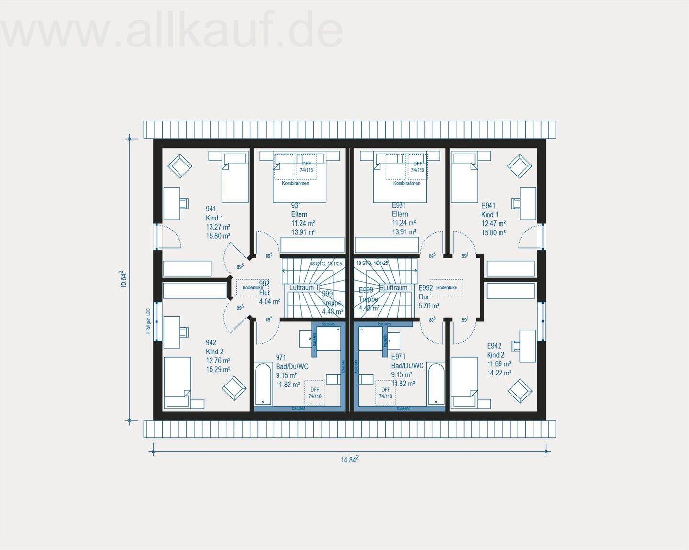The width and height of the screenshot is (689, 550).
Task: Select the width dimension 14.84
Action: click(x=350, y=460)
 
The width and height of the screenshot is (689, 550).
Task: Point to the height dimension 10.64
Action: click(x=123, y=279)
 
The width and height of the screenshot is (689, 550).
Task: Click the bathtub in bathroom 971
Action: click(x=263, y=385)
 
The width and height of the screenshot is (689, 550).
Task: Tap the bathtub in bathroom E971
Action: click(x=436, y=385)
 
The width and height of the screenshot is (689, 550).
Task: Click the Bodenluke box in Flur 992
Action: click(x=253, y=287)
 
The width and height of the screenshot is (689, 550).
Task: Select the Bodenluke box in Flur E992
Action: click(x=446, y=287)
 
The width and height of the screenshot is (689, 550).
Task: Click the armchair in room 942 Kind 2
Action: click(x=235, y=388)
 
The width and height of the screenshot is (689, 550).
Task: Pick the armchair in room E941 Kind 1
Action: click(x=520, y=166)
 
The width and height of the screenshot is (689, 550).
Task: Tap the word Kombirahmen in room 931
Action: click(x=295, y=183)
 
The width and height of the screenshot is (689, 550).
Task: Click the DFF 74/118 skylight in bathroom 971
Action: click(x=314, y=393)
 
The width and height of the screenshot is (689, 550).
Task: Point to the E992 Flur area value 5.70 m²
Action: click(x=429, y=306)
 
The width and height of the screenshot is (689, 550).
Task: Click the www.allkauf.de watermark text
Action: click(x=172, y=31)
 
